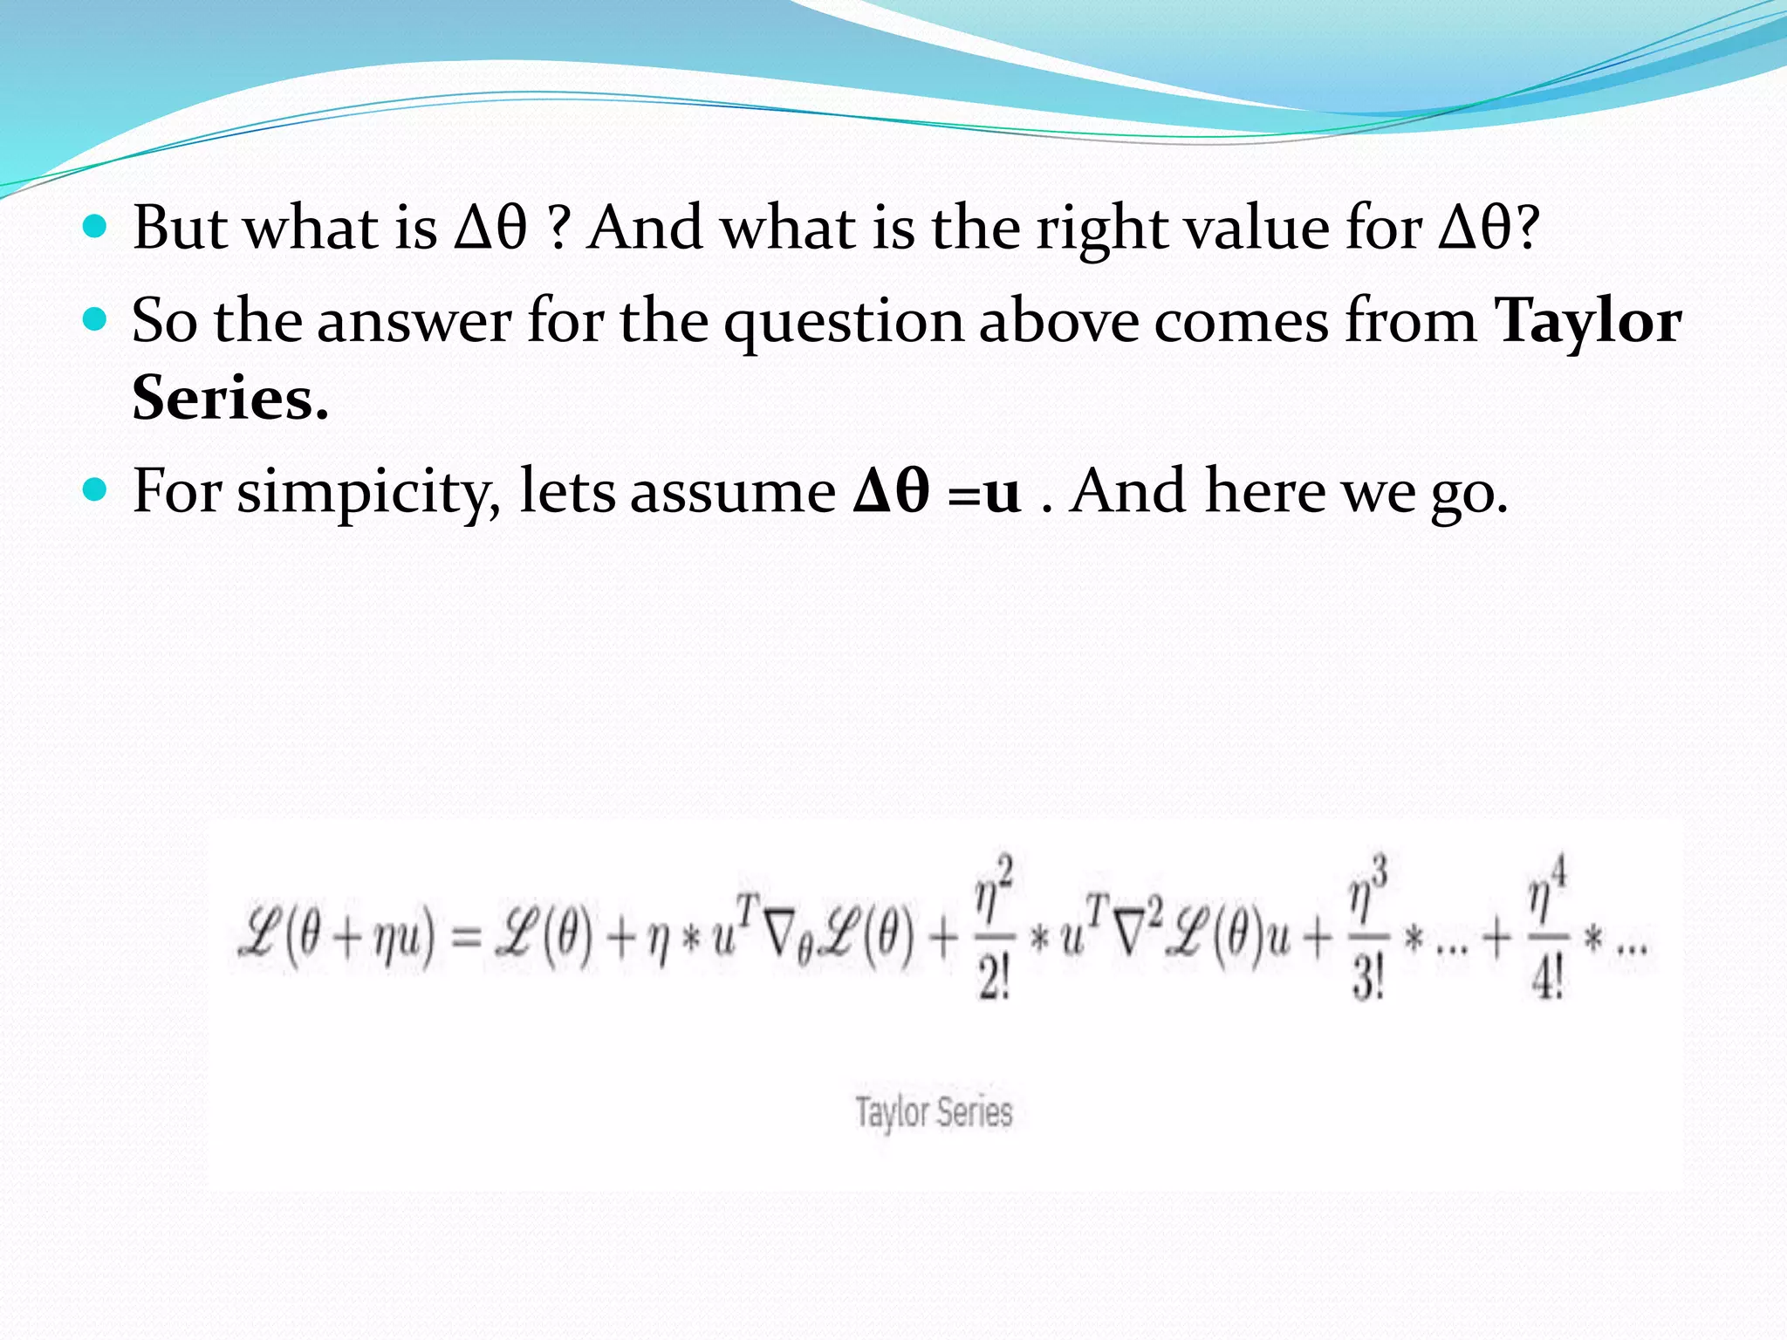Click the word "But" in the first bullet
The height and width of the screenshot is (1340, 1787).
180,228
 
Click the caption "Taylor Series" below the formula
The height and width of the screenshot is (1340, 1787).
934,1112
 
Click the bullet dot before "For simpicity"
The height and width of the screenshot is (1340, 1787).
94,490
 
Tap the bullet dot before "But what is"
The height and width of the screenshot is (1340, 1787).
94,228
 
